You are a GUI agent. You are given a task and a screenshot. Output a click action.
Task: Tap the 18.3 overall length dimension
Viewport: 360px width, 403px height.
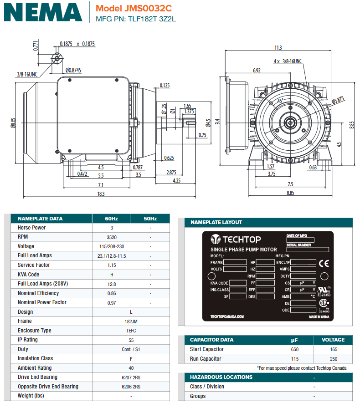click(x=101, y=194)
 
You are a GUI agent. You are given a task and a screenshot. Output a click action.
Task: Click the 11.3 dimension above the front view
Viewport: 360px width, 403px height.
click(x=278, y=48)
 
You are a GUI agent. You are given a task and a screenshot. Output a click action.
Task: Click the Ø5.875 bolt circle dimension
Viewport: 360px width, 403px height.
click(x=338, y=101)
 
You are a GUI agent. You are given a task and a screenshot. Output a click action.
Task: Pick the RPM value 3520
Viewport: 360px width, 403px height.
click(x=111, y=237)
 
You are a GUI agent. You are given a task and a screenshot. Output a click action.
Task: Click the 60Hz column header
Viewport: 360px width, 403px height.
click(x=111, y=219)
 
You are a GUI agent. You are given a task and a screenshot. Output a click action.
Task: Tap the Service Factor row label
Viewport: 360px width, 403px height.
click(x=33, y=265)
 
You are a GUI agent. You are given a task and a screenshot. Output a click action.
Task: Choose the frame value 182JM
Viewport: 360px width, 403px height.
click(x=131, y=321)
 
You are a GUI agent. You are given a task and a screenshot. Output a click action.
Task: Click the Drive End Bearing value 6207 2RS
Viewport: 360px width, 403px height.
click(x=131, y=377)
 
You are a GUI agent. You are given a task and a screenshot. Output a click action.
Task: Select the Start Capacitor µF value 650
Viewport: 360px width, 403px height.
click(x=294, y=349)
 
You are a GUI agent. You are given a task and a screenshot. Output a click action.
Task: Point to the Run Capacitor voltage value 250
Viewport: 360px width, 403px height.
click(x=333, y=359)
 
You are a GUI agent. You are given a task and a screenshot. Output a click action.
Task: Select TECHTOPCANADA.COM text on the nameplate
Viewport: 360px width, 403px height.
click(x=227, y=316)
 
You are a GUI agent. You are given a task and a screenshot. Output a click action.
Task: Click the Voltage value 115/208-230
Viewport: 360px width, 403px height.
click(x=111, y=246)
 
